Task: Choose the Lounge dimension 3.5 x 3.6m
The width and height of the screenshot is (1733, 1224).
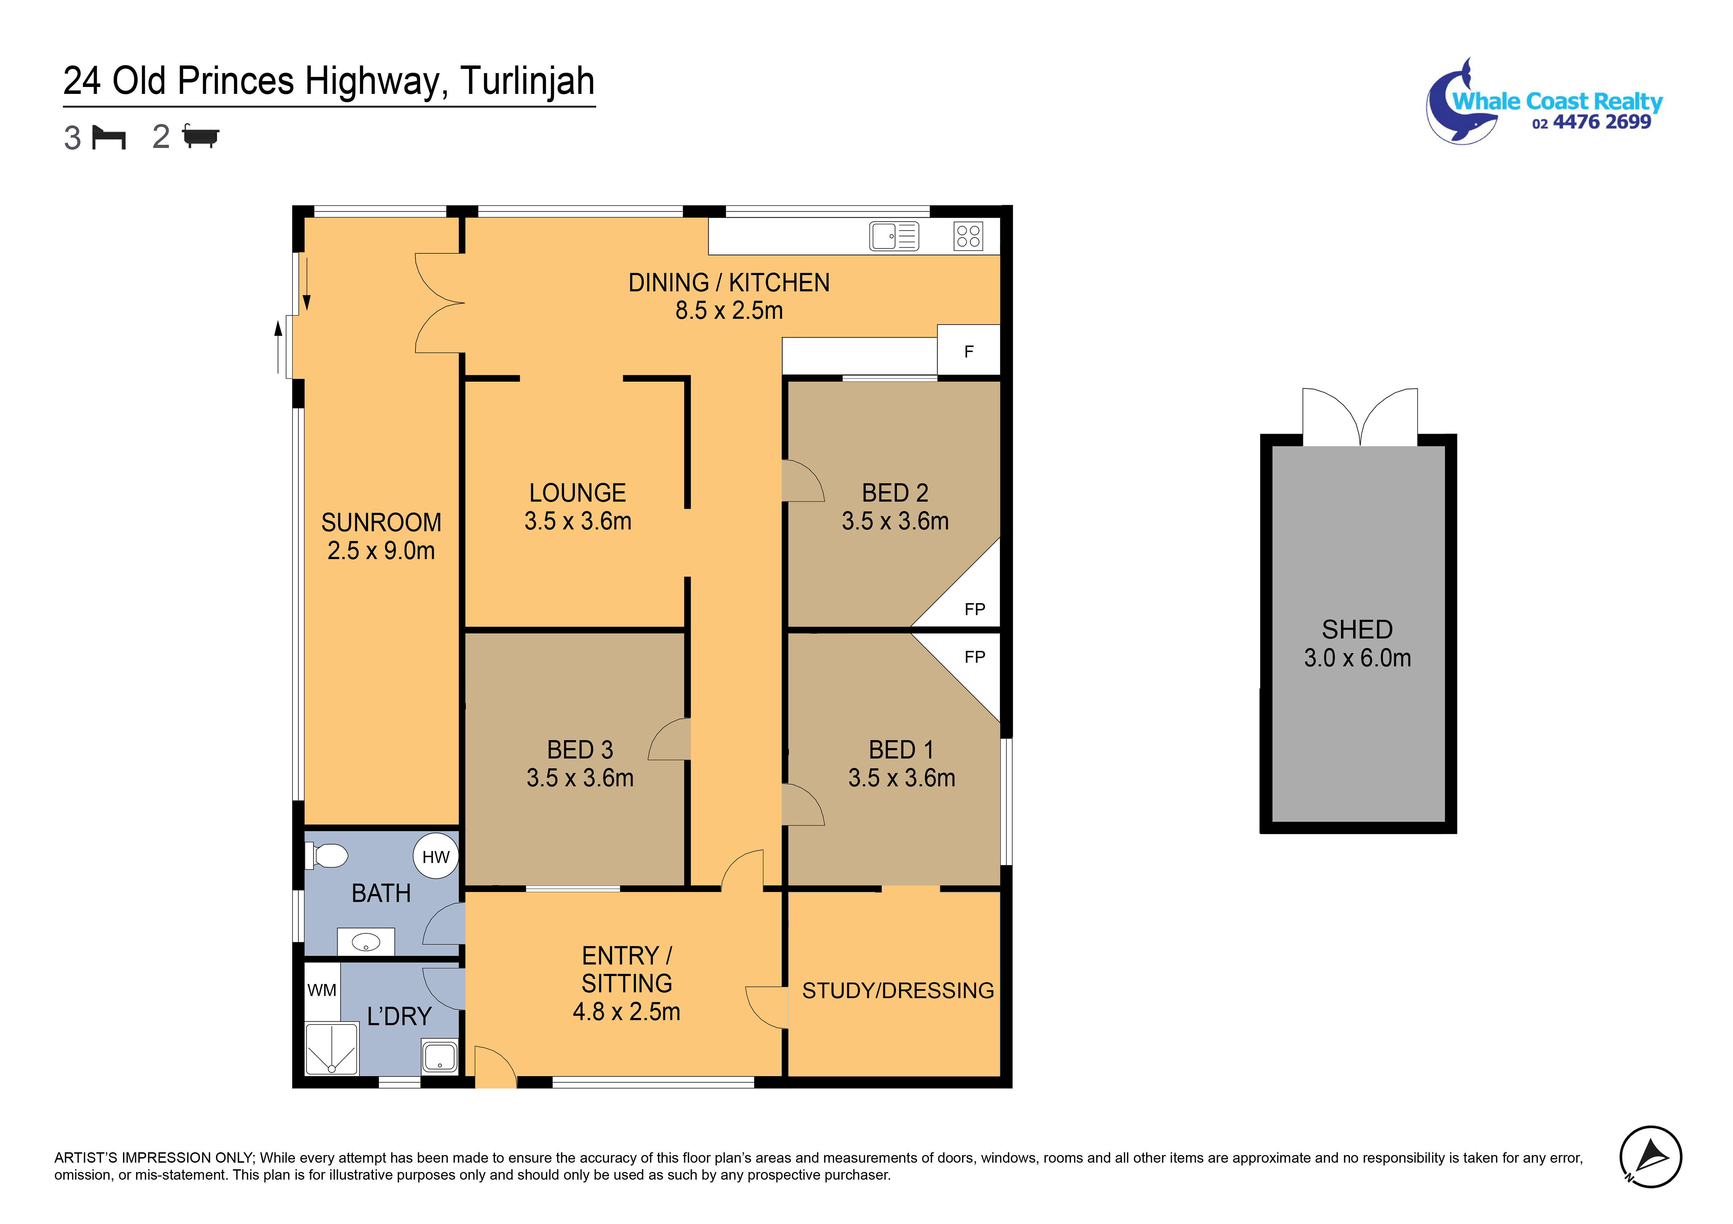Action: [x=578, y=521]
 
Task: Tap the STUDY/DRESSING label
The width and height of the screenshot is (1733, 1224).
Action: [x=898, y=991]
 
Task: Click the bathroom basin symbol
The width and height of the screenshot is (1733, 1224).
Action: [x=366, y=942]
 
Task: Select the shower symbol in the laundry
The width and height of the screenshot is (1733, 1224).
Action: [x=331, y=1049]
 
